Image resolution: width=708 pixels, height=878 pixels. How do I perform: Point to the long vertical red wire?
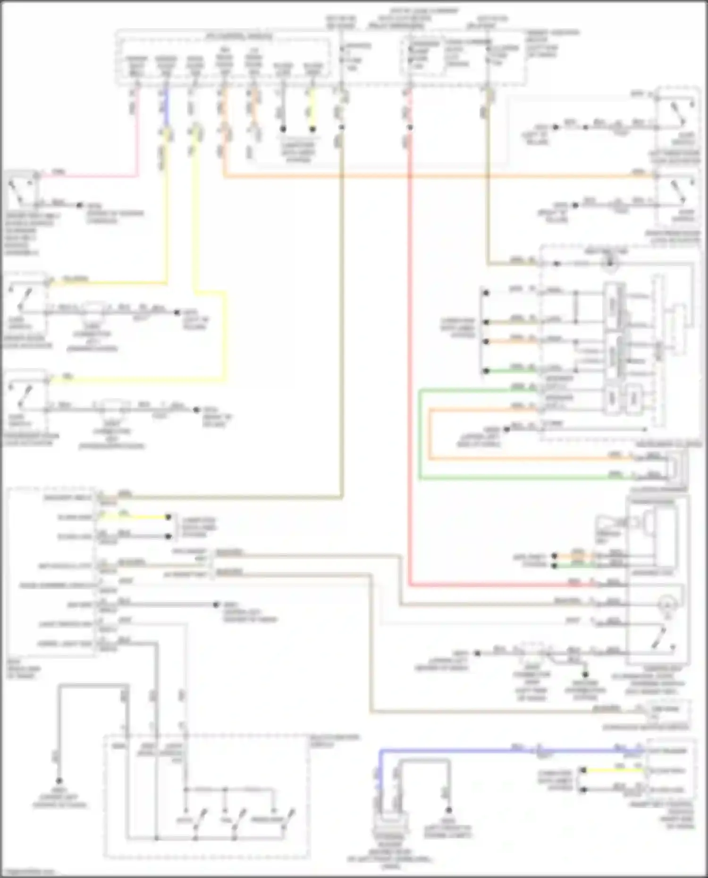pos(409,377)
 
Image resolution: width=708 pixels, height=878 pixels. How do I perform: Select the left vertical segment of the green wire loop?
pos(420,434)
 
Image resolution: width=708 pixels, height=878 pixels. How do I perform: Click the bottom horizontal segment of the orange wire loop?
pos(519,458)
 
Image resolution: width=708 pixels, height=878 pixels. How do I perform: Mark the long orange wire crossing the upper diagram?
pos(425,177)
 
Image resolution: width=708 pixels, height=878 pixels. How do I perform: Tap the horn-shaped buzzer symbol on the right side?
pos(609,524)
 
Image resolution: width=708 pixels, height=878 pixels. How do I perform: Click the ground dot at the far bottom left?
pos(59,781)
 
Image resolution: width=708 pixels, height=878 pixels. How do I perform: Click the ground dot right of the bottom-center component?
pos(448,810)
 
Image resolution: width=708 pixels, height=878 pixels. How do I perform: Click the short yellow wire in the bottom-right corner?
pos(614,770)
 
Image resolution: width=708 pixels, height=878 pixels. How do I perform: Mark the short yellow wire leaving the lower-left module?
pos(137,517)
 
